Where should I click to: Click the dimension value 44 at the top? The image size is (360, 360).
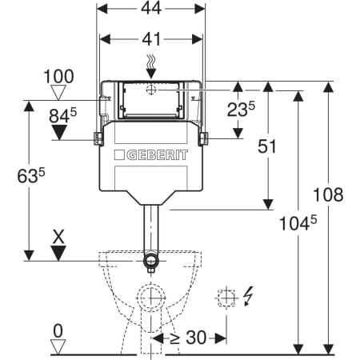(151, 8)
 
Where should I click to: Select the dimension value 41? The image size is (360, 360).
(151, 39)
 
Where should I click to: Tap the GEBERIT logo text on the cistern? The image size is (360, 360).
(157, 155)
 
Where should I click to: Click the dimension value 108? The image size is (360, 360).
(328, 194)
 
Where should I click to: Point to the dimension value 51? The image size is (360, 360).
(267, 146)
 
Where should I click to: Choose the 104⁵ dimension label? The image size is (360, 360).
(298, 223)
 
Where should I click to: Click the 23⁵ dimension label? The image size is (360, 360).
(241, 110)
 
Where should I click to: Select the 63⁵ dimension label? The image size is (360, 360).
(31, 176)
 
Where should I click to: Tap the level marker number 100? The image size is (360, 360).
(58, 76)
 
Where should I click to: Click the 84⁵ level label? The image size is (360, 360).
(63, 115)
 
